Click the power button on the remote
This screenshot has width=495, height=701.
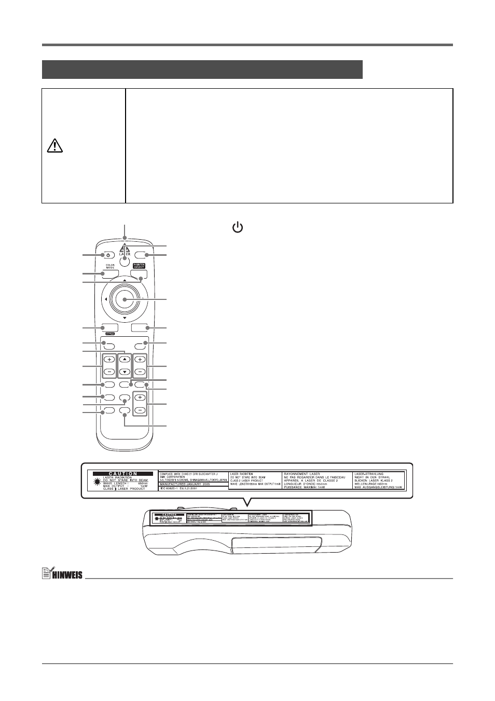(108, 255)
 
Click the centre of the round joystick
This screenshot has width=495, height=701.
(125, 299)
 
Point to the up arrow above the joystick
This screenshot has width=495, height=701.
(125, 280)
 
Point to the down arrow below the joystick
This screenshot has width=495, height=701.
(125, 318)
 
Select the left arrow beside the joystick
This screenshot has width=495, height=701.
(106, 299)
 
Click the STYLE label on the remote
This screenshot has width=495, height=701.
(109, 334)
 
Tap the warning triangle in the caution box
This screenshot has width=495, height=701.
(54, 147)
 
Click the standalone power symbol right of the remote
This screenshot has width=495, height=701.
(237, 227)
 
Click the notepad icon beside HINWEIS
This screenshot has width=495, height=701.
(47, 574)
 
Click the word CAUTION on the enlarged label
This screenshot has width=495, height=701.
(123, 474)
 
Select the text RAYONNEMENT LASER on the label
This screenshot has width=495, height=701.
(302, 474)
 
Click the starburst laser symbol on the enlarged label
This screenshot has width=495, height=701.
(97, 482)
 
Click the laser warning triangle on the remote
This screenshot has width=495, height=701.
(125, 248)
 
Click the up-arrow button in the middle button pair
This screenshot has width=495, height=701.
(125, 359)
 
